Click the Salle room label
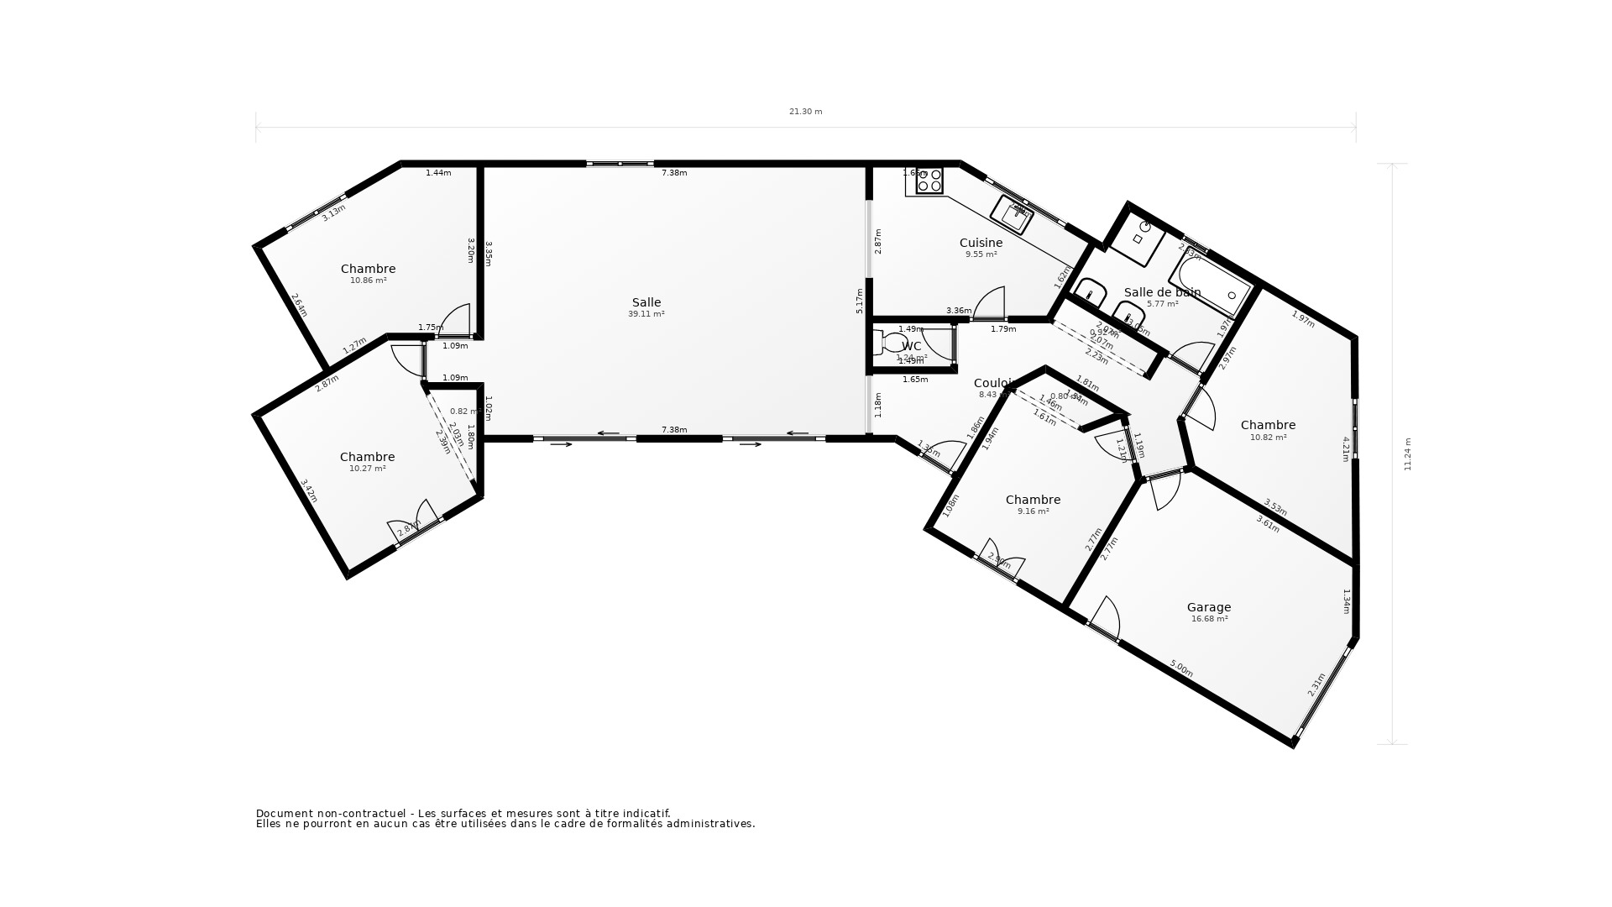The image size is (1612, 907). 646,302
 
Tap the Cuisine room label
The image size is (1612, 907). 981,243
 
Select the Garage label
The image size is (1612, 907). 1208,607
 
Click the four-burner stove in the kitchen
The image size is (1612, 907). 929,181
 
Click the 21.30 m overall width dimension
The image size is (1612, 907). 805,112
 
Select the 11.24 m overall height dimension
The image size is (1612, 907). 1408,453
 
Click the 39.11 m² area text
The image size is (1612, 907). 646,314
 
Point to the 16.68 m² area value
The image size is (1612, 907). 1209,619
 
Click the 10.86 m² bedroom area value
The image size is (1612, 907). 368,280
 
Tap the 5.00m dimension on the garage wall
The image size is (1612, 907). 1181,668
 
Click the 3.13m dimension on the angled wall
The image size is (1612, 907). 333,212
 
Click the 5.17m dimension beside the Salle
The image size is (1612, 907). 860,301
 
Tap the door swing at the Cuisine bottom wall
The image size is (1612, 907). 991,304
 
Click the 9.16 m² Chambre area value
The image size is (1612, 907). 1033,511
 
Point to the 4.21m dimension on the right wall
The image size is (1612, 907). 1346,448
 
